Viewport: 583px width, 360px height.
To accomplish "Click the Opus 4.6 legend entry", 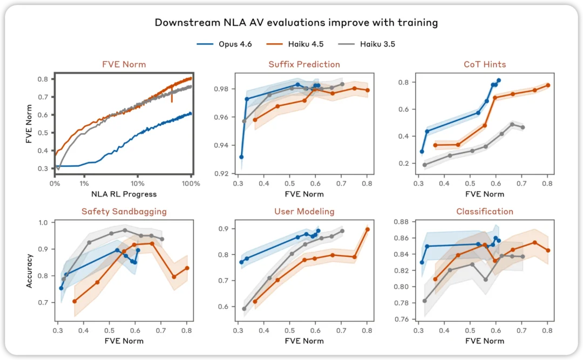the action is tap(224, 44).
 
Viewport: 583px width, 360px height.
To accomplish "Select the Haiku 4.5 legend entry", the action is tap(295, 44).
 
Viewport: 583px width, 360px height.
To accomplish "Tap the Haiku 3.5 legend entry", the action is tap(367, 44).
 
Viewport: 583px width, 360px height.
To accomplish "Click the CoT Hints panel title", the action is tap(485, 64).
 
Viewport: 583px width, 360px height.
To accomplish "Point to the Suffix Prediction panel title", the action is tap(304, 64).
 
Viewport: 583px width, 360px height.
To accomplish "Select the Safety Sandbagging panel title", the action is tap(124, 212).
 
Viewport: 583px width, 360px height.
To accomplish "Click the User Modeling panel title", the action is tap(304, 212).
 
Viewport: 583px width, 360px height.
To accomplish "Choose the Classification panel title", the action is tap(485, 212).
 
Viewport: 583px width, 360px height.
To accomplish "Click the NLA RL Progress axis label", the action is tap(124, 194).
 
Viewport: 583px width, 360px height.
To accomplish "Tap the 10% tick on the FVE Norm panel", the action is tap(138, 184).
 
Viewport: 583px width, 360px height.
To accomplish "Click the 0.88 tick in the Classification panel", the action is tap(402, 222).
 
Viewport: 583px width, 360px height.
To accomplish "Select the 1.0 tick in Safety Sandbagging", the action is tap(43, 223).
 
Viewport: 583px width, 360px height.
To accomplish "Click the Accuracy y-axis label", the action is tap(29, 271).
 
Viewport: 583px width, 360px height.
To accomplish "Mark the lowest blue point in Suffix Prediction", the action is tap(241, 157).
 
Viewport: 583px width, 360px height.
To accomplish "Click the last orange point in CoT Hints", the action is tap(548, 85).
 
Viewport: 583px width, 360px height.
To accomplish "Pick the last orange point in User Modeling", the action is tap(368, 229).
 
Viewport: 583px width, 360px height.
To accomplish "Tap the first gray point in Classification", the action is tap(425, 301).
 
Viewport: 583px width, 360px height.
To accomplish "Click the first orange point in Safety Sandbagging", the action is tap(74, 301).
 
